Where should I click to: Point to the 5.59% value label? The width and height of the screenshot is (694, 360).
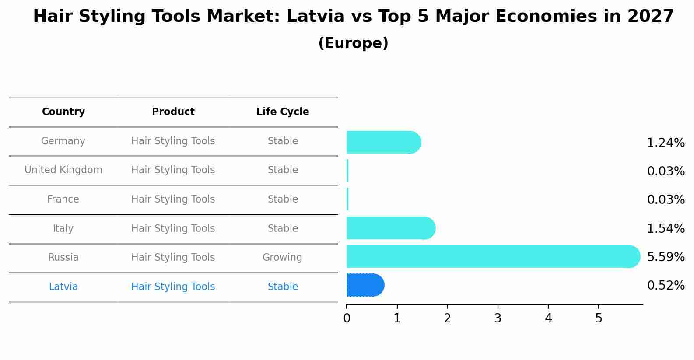pyautogui.click(x=666, y=257)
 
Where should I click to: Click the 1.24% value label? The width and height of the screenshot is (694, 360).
pyautogui.click(x=666, y=143)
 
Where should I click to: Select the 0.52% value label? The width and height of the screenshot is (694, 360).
pyautogui.click(x=666, y=286)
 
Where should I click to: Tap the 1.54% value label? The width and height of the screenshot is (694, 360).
pyautogui.click(x=666, y=228)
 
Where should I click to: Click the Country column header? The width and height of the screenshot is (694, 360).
pyautogui.click(x=63, y=112)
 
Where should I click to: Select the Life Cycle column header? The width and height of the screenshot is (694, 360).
pyautogui.click(x=283, y=112)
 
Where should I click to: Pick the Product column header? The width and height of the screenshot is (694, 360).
pyautogui.click(x=173, y=112)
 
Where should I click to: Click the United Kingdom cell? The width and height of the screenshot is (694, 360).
pyautogui.click(x=63, y=170)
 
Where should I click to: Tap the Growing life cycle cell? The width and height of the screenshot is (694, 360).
pyautogui.click(x=282, y=258)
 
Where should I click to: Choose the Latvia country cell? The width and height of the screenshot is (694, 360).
pyautogui.click(x=63, y=287)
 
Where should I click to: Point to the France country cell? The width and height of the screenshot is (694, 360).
pyautogui.click(x=63, y=199)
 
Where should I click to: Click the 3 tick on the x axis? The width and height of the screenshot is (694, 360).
pyautogui.click(x=498, y=318)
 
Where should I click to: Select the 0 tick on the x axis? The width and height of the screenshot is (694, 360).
pyautogui.click(x=347, y=318)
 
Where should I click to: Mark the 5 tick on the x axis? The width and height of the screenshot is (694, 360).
pyautogui.click(x=599, y=318)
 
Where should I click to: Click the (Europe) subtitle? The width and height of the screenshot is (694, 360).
pyautogui.click(x=353, y=43)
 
